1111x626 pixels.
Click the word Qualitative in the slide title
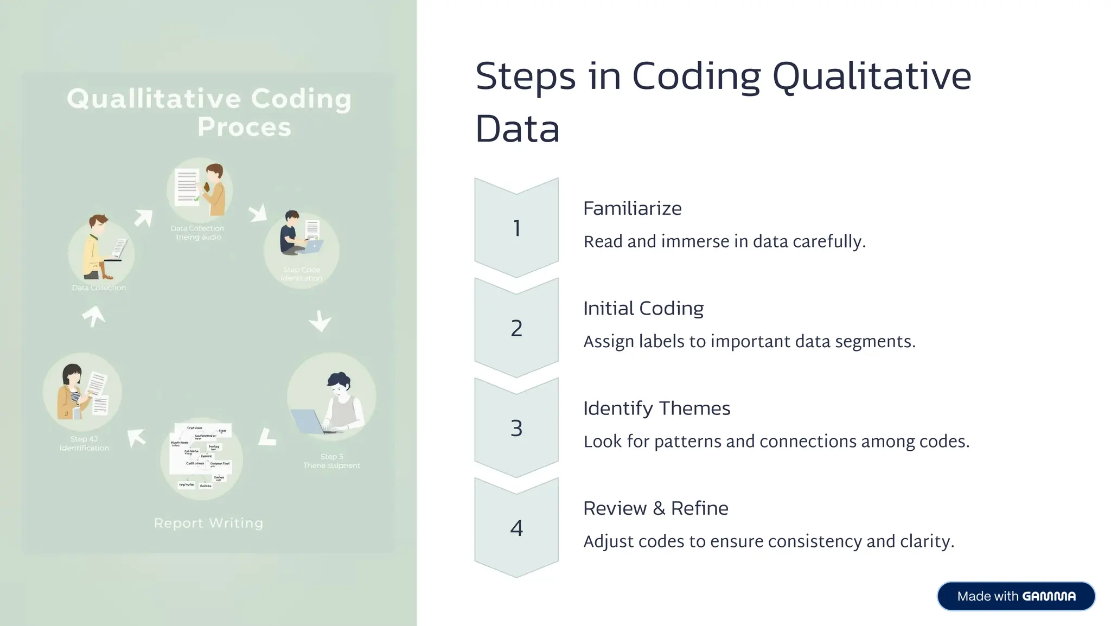[871, 77]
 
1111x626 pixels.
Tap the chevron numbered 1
[516, 228]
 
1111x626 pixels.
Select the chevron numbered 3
[516, 428]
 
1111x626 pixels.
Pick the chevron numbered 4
[516, 528]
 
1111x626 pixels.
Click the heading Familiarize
[632, 208]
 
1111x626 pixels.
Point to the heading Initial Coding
[643, 308]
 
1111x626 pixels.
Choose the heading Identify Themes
[656, 408]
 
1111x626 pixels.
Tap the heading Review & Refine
[655, 508]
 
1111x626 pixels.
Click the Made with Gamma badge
[1016, 596]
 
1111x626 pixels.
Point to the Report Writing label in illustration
[208, 523]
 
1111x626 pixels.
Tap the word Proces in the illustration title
[244, 127]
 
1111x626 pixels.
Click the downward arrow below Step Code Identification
[320, 321]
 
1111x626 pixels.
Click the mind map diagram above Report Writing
[201, 456]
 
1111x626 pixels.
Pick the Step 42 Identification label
[84, 443]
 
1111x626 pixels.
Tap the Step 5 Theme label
[331, 461]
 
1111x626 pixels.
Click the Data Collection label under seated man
[99, 288]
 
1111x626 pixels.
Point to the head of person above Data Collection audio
[214, 171]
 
